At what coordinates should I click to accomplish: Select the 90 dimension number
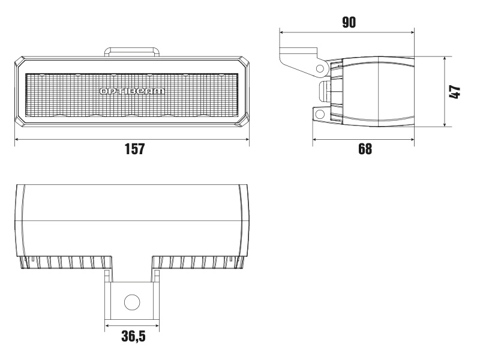[349, 22]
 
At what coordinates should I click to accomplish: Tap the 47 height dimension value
[455, 92]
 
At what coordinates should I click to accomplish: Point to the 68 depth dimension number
[364, 149]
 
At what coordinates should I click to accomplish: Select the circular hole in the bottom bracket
[131, 302]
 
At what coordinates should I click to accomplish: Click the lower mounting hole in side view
[320, 113]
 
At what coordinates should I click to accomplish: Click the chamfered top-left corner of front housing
[19, 60]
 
